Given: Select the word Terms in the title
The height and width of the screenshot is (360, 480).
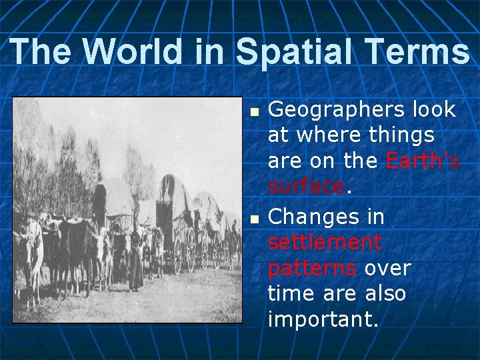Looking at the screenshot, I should [416, 51].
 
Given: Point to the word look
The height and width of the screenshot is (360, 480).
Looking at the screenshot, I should [434, 109].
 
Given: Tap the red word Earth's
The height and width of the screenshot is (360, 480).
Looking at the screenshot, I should [423, 161].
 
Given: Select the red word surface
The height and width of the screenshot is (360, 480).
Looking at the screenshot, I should [306, 187].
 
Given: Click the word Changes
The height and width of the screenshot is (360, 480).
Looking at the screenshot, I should [312, 217].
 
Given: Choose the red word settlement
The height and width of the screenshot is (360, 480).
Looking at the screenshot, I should [325, 242].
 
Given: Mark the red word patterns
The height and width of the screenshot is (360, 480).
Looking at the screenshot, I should [311, 268].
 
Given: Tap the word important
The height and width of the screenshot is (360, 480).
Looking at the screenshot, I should [323, 319].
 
